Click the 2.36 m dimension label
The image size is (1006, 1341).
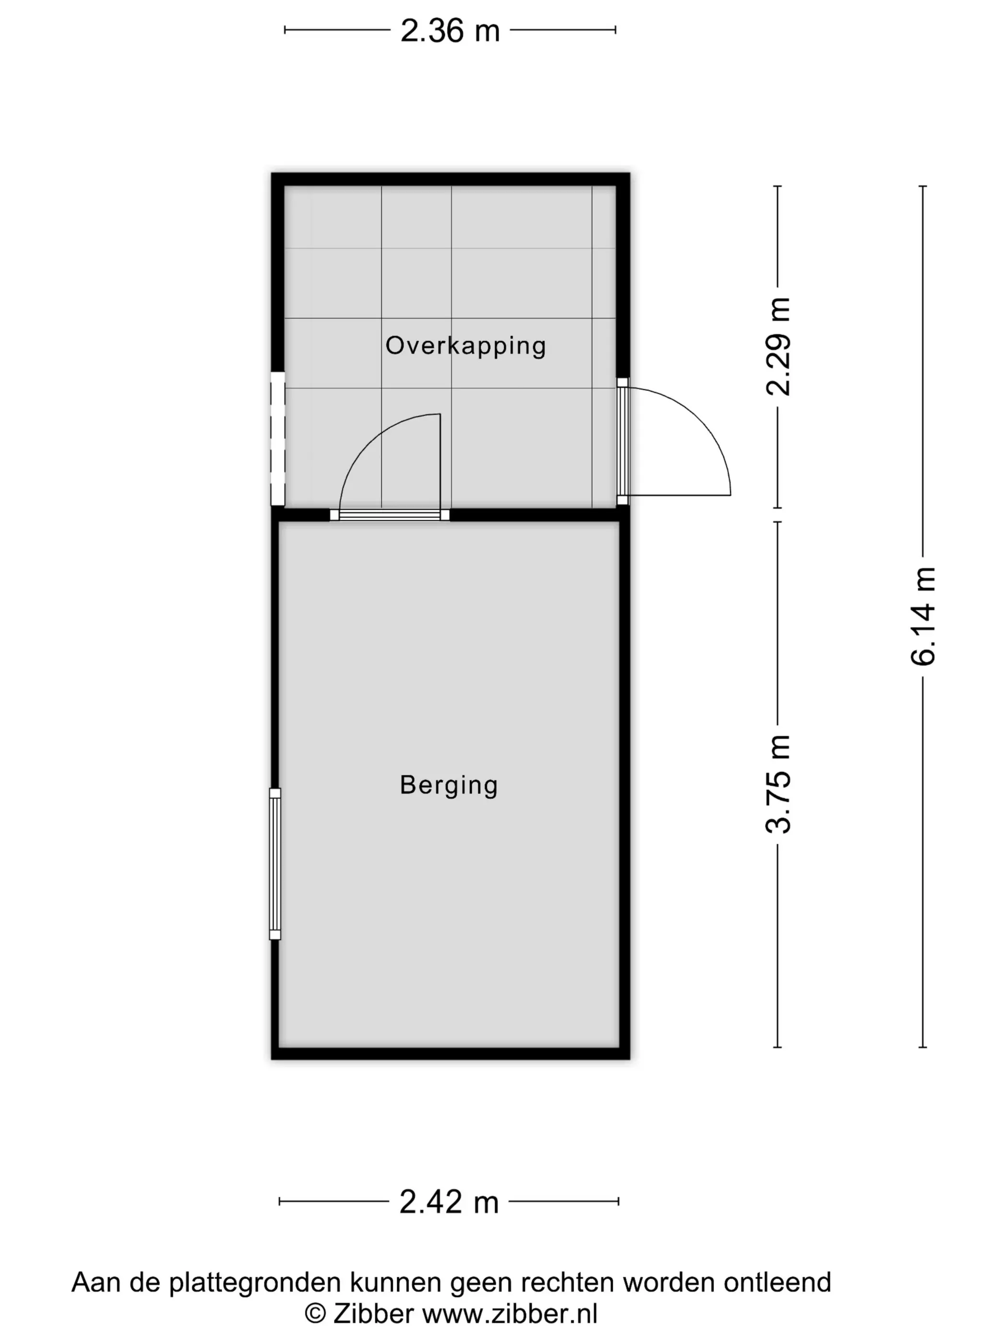(x=450, y=30)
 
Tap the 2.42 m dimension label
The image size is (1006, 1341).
(x=449, y=1202)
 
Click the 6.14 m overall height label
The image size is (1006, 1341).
(x=924, y=616)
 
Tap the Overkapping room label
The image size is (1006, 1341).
(x=466, y=346)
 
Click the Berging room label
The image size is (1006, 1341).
(x=449, y=785)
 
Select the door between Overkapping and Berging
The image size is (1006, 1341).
(x=389, y=467)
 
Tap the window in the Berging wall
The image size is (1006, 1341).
(x=275, y=864)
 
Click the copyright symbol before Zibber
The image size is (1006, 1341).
(x=315, y=1314)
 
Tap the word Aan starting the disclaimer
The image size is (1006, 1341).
(x=93, y=1282)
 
